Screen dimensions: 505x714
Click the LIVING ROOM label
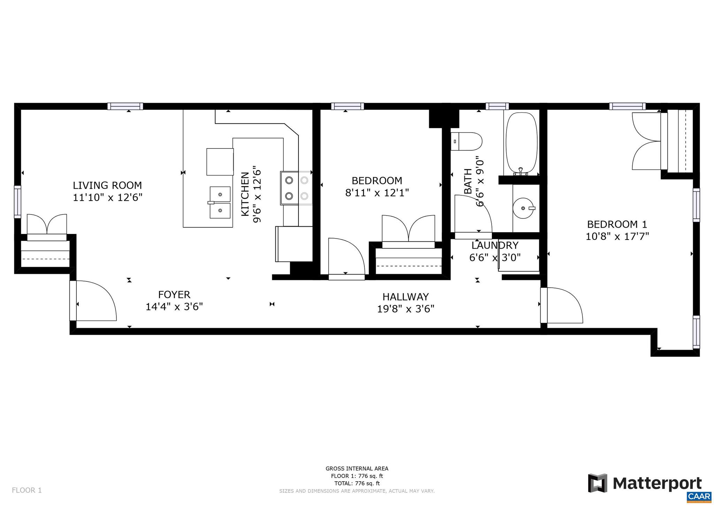pos(107,185)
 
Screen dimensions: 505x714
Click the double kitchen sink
pos(220,202)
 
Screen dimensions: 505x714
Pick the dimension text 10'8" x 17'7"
pos(617,236)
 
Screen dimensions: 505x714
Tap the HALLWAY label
pos(405,297)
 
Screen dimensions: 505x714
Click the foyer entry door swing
pos(94,301)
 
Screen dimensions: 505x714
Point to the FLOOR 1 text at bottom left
pos(27,490)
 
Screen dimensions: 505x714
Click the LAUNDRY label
pos(495,245)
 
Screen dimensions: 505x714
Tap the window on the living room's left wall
pos(17,202)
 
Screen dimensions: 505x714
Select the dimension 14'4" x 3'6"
pos(174,307)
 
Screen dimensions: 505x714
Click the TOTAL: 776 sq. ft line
pos(357,483)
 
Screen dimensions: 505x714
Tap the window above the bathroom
pos(497,106)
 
